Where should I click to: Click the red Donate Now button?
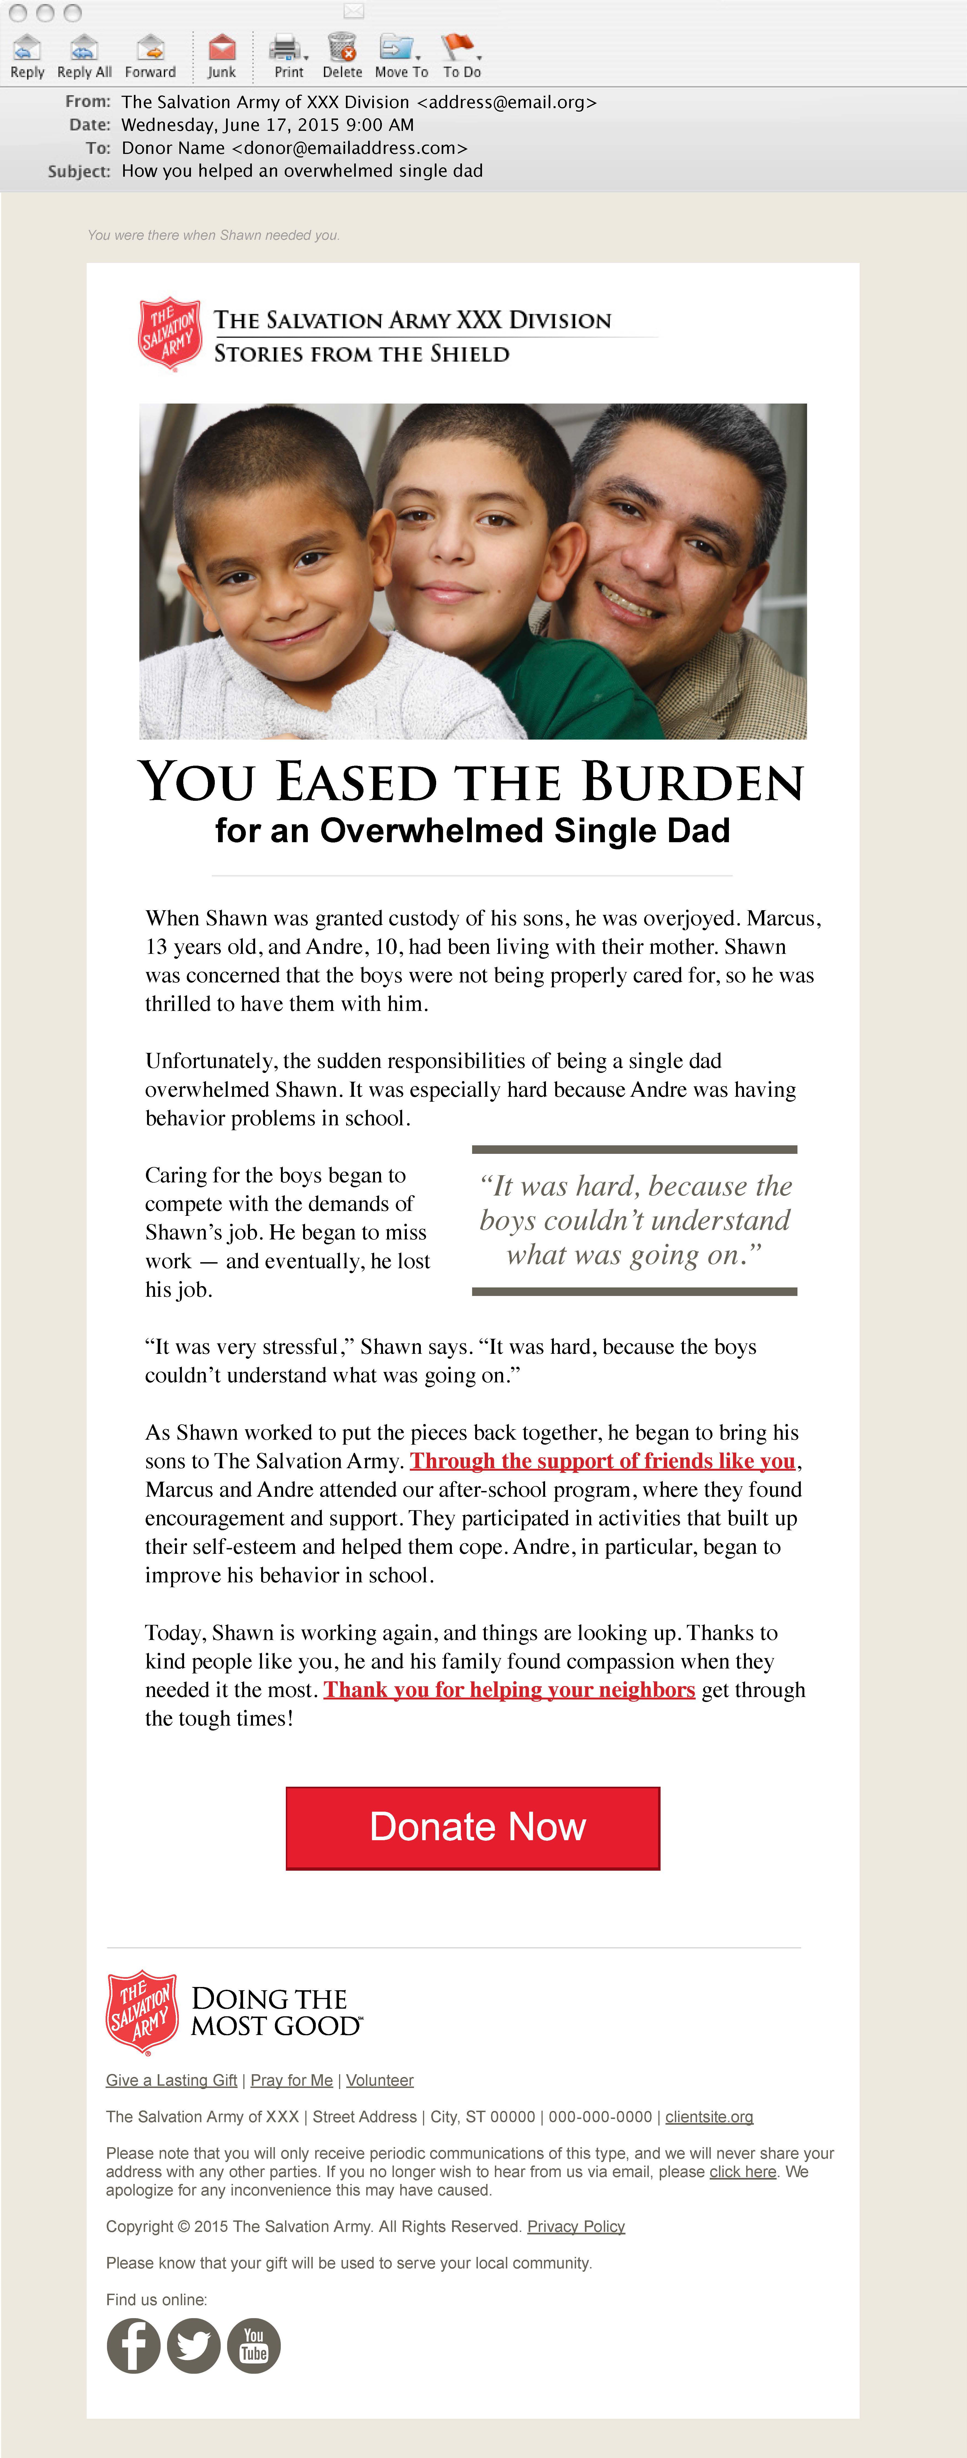[x=472, y=1827]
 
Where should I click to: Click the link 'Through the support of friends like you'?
[x=602, y=1461]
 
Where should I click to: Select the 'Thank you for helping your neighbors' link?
[x=509, y=1690]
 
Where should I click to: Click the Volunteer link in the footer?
[x=379, y=2080]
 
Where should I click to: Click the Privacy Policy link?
[x=576, y=2226]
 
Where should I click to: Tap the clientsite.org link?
[x=709, y=2116]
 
